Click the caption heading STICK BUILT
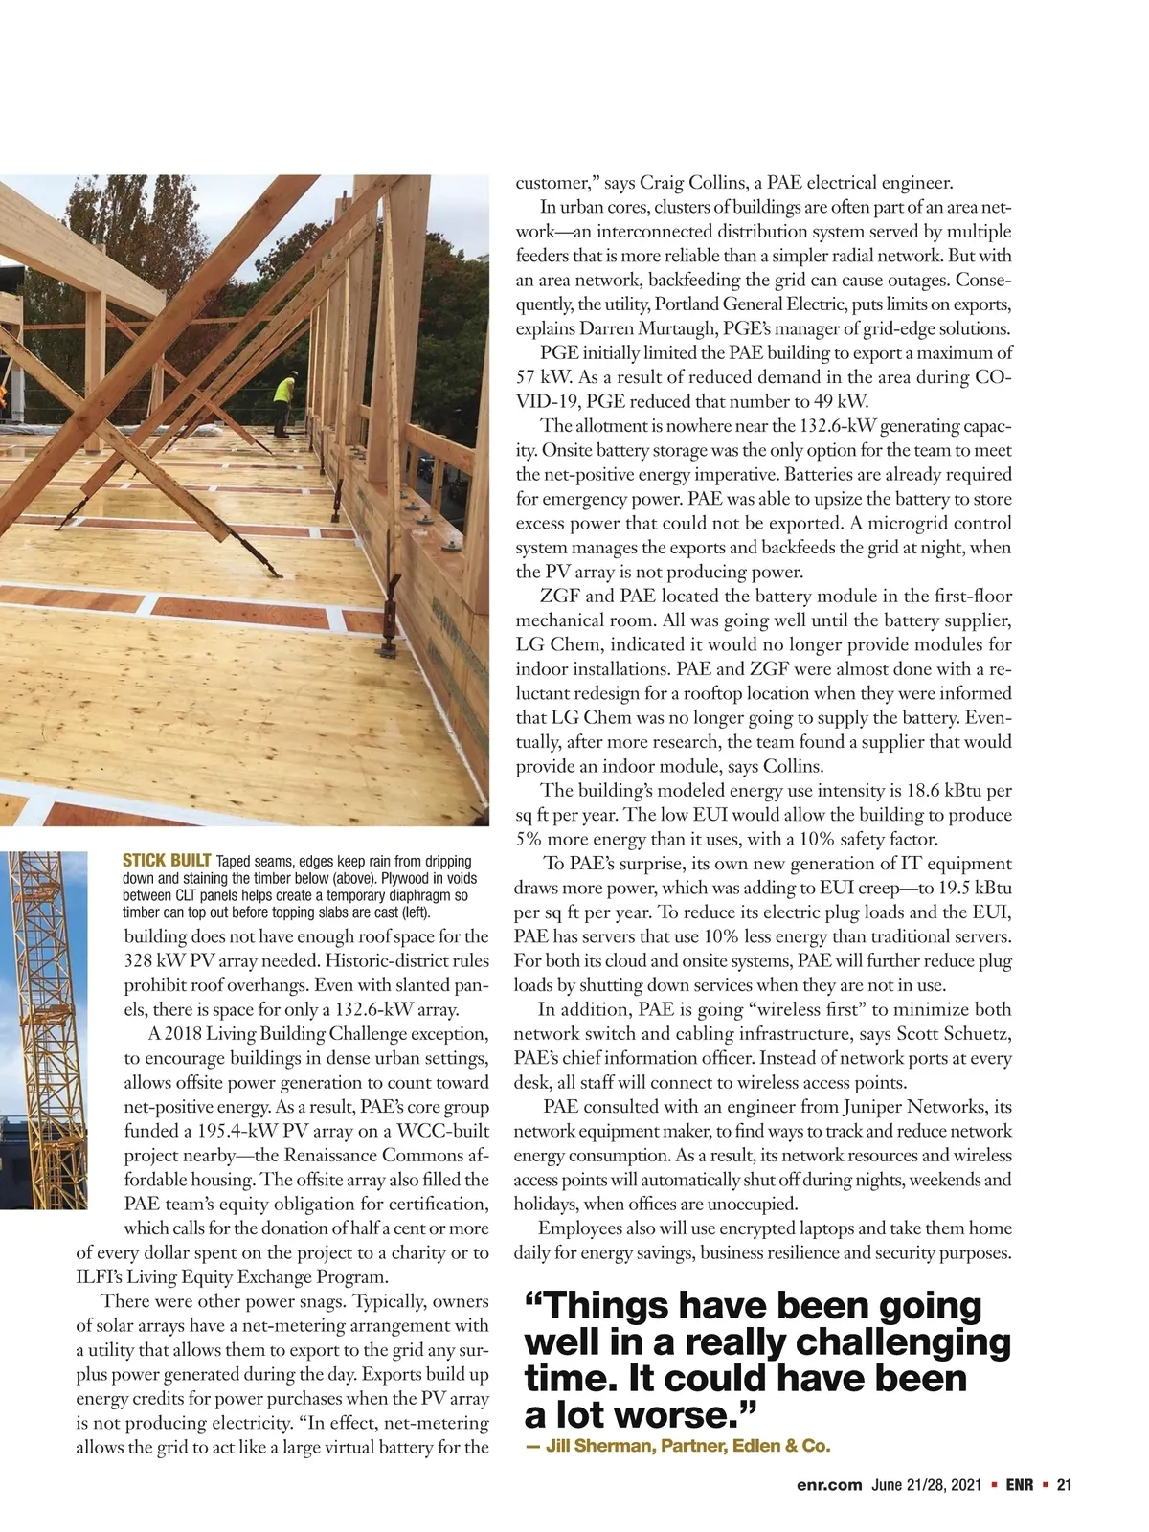(x=168, y=861)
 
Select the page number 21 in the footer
(x=1063, y=1486)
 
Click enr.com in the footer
(x=830, y=1486)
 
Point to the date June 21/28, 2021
(x=927, y=1486)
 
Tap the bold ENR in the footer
(x=1019, y=1486)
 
